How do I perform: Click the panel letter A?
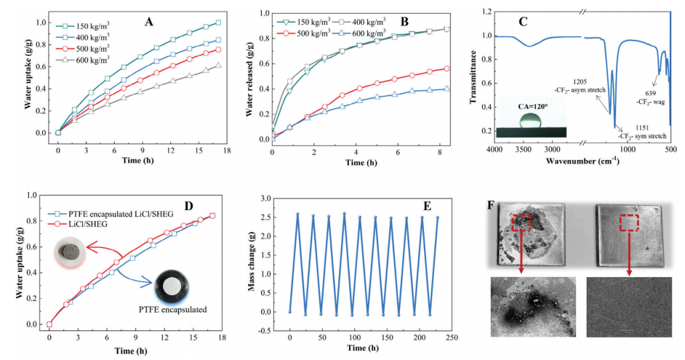(149, 22)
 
